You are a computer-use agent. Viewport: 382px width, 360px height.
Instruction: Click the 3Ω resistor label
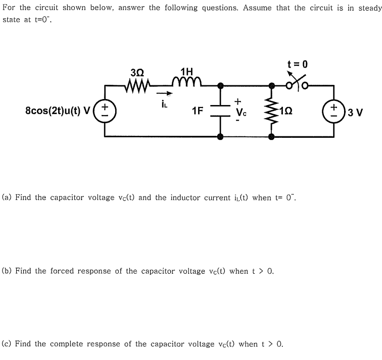[137, 72]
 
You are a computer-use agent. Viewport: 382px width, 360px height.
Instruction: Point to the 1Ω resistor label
[285, 111]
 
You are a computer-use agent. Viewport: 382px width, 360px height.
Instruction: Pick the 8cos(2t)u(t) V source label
[57, 111]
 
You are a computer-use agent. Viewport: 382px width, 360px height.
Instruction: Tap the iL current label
[164, 104]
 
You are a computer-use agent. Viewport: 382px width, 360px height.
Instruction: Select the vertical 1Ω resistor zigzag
[271, 111]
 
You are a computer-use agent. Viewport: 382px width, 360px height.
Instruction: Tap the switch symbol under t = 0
[298, 83]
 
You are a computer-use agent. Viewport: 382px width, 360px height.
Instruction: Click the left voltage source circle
[105, 111]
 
